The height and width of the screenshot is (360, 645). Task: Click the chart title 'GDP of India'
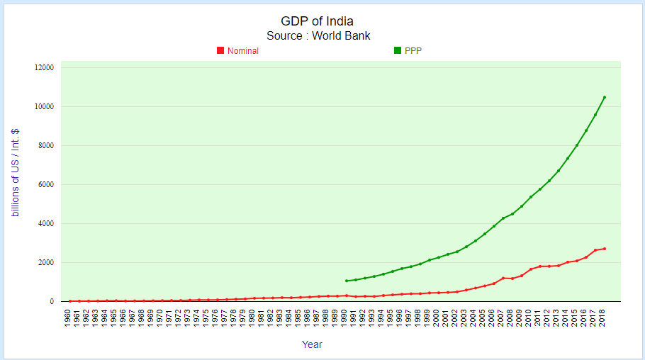[x=318, y=21]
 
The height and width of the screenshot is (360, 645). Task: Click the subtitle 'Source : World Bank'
[x=318, y=35]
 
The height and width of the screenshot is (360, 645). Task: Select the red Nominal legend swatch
[x=220, y=50]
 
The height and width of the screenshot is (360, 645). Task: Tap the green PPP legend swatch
[x=398, y=50]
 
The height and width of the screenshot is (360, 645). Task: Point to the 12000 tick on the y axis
[x=44, y=67]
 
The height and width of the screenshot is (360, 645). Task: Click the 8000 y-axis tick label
[x=45, y=145]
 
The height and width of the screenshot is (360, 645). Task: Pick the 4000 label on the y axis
[x=45, y=223]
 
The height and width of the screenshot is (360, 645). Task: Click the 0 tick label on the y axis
[x=51, y=301]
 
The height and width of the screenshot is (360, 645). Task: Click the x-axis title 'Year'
[x=312, y=344]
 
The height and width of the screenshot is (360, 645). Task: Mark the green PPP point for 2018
[x=604, y=97]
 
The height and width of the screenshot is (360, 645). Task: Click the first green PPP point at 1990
[x=347, y=281]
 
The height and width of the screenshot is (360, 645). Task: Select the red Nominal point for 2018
[x=604, y=249]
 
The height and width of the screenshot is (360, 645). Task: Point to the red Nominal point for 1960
[x=70, y=301]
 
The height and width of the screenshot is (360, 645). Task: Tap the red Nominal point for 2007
[x=503, y=278]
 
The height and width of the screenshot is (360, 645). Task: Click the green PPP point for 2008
[x=512, y=214]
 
